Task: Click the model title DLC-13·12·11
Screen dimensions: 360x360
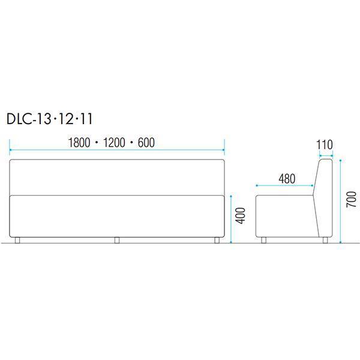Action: pos(49,119)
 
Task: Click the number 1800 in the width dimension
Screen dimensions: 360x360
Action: pos(79,143)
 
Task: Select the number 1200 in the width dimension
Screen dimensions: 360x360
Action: pos(114,143)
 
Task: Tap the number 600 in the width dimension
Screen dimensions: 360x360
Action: pos(146,143)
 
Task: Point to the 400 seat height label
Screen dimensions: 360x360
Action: pos(241,215)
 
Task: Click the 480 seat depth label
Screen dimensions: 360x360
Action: pos(287,179)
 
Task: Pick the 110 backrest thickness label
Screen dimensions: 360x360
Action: pos(325,145)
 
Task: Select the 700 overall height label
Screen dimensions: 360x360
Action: pos(351,199)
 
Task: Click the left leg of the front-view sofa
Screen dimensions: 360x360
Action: pos(17,240)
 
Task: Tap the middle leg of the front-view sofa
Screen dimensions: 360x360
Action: pos(117,240)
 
